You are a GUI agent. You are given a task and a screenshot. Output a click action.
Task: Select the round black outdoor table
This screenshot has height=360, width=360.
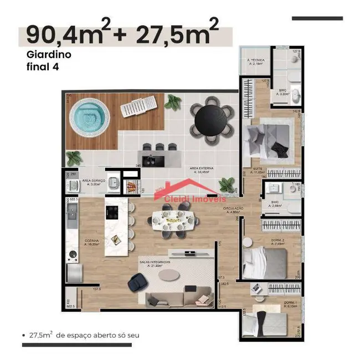(x=210, y=117)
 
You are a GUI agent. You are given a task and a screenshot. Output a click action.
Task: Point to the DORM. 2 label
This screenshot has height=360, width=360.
(x=279, y=240)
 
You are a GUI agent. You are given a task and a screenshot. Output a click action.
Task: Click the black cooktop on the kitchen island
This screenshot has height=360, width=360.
(x=112, y=212)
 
